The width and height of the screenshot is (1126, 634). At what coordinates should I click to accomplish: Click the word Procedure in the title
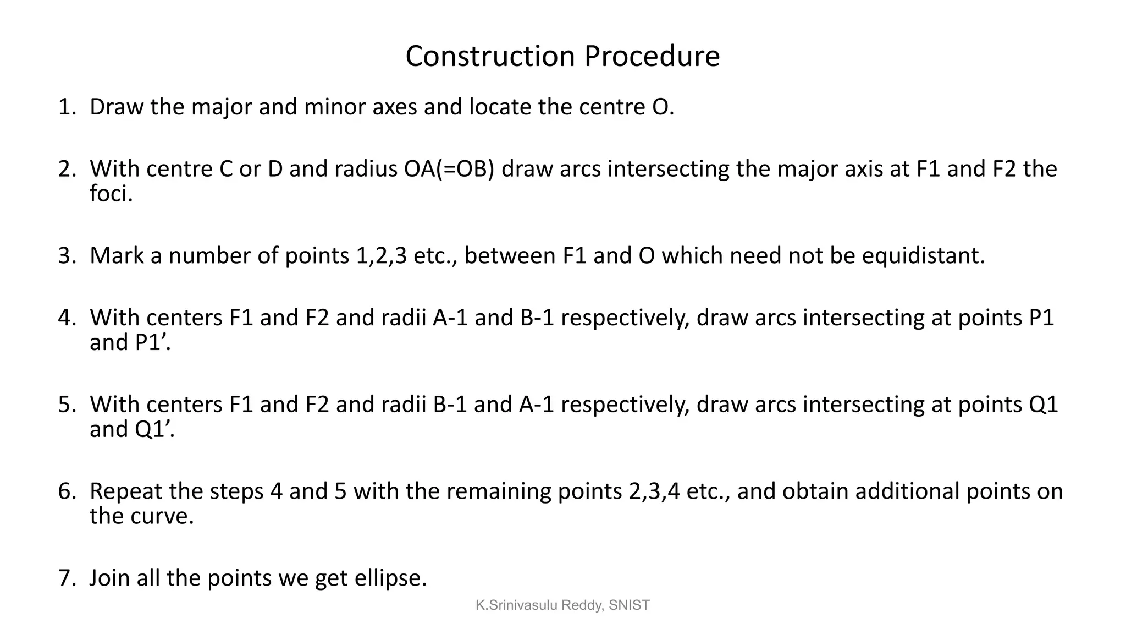(x=652, y=56)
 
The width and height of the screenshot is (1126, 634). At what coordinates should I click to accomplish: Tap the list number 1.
(x=66, y=107)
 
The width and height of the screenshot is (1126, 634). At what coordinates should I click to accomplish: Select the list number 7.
(x=66, y=578)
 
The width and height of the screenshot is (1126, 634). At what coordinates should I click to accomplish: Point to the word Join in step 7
(x=109, y=578)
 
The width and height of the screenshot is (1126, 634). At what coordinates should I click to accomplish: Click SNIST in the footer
(x=629, y=605)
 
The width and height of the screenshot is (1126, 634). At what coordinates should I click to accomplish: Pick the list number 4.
(x=66, y=318)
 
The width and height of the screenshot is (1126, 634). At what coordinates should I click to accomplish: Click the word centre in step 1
(x=611, y=107)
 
